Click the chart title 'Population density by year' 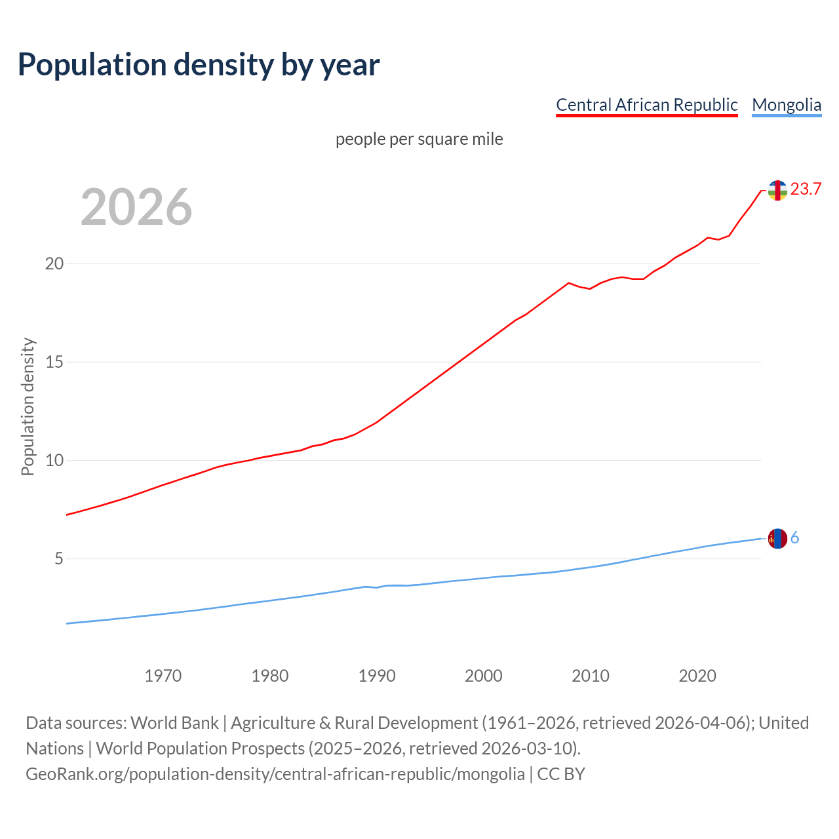click(199, 65)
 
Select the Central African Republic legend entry click(646, 105)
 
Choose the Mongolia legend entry click(786, 105)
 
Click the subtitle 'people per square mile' click(419, 139)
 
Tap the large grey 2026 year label click(136, 207)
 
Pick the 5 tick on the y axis click(58, 558)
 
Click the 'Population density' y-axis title click(28, 406)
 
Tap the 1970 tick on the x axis click(163, 676)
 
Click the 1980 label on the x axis click(269, 676)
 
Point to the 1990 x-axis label click(376, 676)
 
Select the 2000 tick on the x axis click(483, 676)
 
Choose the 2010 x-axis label click(590, 676)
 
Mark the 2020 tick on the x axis click(697, 676)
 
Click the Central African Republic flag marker click(777, 190)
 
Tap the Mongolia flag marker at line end click(777, 538)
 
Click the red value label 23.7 click(806, 189)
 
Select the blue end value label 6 click(794, 538)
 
